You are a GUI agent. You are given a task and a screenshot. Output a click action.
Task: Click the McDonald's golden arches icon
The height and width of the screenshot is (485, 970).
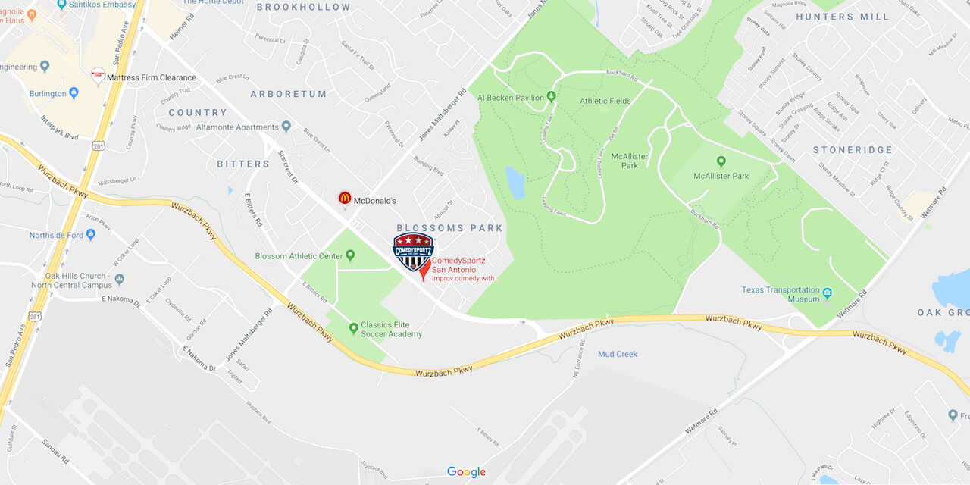tap(345, 198)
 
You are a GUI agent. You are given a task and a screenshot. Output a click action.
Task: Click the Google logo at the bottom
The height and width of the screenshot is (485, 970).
tap(466, 472)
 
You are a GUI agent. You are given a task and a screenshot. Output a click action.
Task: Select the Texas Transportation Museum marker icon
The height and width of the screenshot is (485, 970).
tap(828, 293)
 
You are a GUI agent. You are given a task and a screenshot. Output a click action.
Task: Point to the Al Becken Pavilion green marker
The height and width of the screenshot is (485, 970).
tap(551, 96)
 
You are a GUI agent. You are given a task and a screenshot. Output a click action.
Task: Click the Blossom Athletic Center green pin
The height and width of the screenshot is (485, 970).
tap(350, 255)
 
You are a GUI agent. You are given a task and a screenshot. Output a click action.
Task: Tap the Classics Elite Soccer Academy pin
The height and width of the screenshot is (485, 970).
tap(353, 328)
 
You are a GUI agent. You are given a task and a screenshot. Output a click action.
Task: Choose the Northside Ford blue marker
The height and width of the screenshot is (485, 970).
tap(91, 235)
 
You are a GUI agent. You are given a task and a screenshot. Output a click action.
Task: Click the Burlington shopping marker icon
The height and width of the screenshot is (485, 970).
tap(74, 93)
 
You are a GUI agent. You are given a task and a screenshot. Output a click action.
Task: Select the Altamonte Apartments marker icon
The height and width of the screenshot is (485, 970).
tap(286, 127)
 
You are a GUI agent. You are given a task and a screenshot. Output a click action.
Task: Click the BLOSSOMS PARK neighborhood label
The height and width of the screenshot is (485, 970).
tap(450, 228)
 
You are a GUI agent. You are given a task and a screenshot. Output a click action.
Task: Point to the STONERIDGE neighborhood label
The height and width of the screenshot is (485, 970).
tap(853, 150)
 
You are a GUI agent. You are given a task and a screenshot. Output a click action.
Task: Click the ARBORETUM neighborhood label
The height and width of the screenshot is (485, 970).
tap(289, 94)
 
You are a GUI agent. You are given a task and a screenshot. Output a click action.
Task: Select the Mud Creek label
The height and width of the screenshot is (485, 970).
tap(618, 354)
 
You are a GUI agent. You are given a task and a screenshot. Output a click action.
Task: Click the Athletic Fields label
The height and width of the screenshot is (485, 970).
tap(605, 101)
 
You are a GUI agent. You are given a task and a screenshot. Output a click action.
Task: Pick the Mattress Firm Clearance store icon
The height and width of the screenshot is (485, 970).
tap(98, 76)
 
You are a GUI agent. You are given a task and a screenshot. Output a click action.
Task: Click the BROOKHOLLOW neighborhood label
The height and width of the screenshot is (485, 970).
tap(303, 7)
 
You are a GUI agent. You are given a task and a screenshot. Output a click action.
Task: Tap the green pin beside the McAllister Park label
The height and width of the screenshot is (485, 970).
tap(721, 161)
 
